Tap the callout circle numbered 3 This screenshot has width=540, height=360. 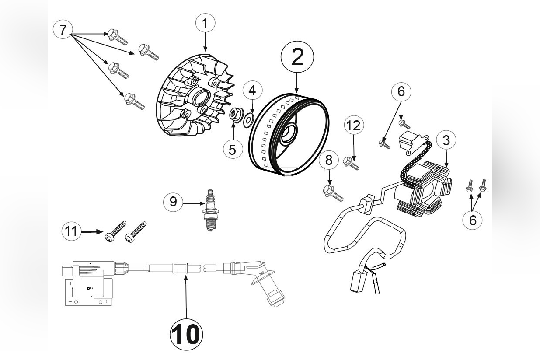pos(446,140)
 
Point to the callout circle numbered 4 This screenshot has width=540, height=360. pos(252,91)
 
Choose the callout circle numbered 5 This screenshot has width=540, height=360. pos(233,149)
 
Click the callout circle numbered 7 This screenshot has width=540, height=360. pos(63,30)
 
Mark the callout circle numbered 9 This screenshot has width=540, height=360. pos(174,202)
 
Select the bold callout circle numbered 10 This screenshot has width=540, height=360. pos(186,335)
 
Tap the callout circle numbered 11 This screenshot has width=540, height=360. pos(72,231)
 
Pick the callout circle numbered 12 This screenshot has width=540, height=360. pos(353,126)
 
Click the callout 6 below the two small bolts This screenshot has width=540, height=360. pos(473,220)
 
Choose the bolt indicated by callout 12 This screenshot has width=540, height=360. pos(352,164)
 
